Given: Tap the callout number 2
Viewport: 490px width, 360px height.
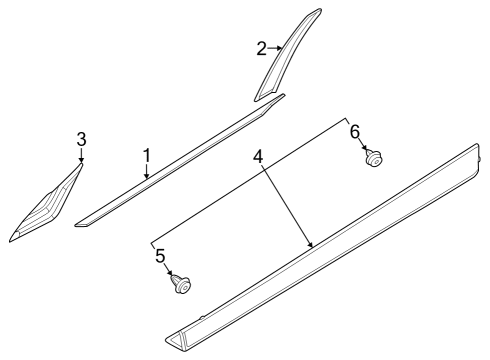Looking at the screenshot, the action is pos(262,48).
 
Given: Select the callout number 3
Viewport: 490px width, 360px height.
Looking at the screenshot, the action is pos(81,138).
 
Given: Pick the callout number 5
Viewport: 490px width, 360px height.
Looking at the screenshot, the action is pos(160,256).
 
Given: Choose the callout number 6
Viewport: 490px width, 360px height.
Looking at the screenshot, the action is pos(353,131).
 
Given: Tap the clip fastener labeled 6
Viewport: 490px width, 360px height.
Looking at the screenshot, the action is pos(374,158).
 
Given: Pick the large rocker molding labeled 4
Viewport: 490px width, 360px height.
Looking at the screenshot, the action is pos(330,250).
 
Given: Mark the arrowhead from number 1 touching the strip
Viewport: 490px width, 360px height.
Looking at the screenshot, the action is pos(148,176).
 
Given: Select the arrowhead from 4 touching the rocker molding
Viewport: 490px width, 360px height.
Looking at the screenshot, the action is pos(311,244).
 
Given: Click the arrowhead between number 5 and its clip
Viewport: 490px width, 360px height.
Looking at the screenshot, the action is pos(172,274).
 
